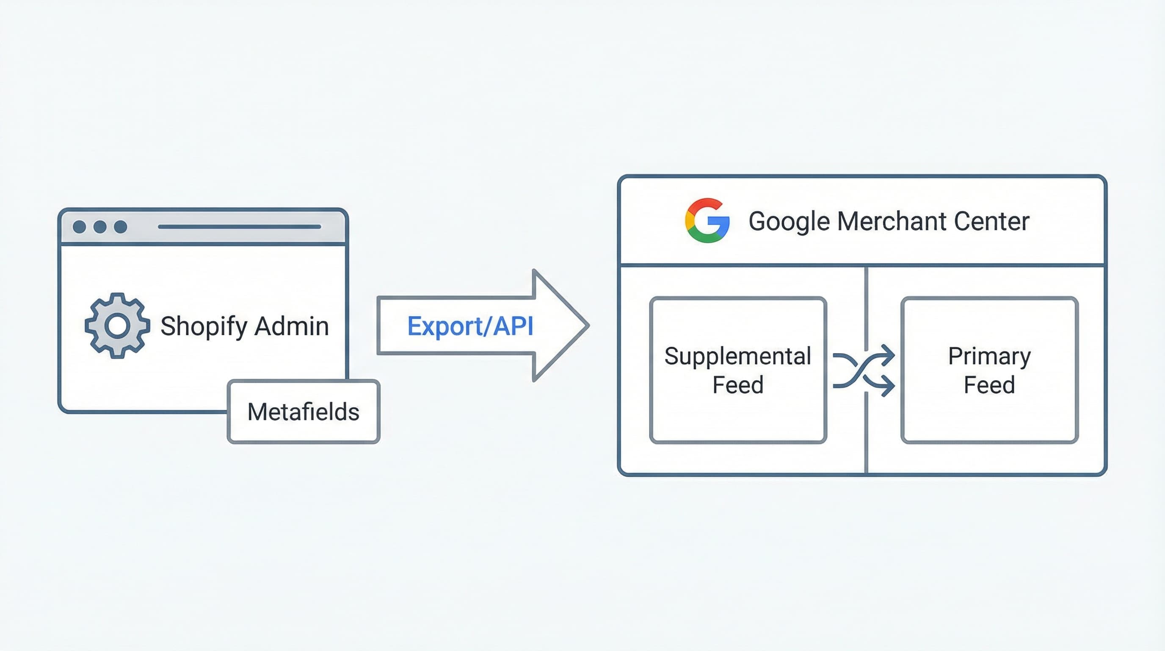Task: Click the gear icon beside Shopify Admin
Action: pyautogui.click(x=117, y=325)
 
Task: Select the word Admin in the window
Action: pyautogui.click(x=291, y=326)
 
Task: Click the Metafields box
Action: pyautogui.click(x=304, y=412)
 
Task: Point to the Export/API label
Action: pyautogui.click(x=470, y=326)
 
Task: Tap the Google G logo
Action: pyautogui.click(x=707, y=220)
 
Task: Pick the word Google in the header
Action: pyautogui.click(x=789, y=221)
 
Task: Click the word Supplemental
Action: pyautogui.click(x=737, y=356)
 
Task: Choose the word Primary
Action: pyautogui.click(x=989, y=356)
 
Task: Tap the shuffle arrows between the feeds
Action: pyautogui.click(x=864, y=370)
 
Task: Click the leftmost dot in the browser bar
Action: pyautogui.click(x=80, y=227)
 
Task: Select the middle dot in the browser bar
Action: pyautogui.click(x=100, y=227)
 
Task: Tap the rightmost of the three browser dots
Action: pyautogui.click(x=120, y=227)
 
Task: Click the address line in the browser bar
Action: pyautogui.click(x=239, y=227)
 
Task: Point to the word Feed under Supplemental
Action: pyautogui.click(x=737, y=385)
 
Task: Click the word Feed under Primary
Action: pyautogui.click(x=989, y=385)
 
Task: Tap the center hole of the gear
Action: pyautogui.click(x=117, y=325)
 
